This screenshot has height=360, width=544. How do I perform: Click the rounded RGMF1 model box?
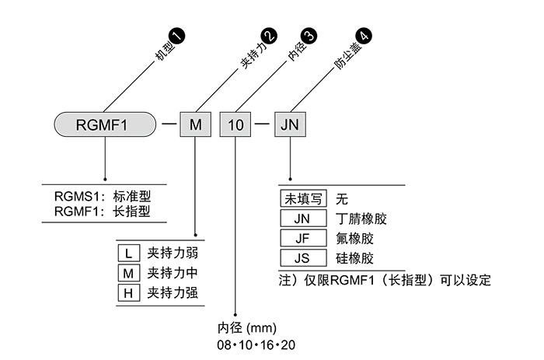point(104,124)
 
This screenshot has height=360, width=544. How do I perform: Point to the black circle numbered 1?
point(178,35)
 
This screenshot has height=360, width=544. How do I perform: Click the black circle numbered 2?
point(268,35)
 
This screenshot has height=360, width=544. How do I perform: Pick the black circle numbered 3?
point(309,35)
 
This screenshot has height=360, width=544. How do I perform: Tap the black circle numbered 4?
point(363,35)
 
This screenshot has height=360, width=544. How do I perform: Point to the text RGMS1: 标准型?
point(101,197)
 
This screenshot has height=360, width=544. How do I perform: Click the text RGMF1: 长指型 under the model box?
point(101,211)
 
